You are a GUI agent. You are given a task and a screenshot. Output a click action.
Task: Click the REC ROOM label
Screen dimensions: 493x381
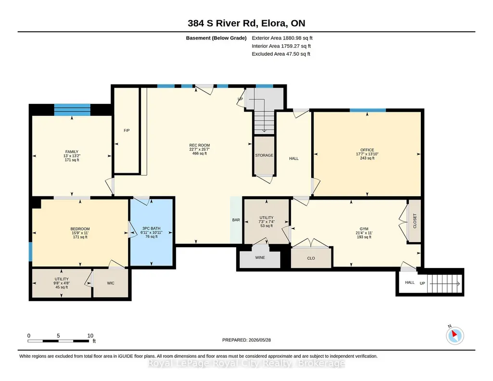point(199,145)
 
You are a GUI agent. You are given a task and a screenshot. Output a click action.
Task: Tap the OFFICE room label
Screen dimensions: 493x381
point(367,150)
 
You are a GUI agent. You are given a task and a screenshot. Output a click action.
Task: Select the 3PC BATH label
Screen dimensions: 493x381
point(151,228)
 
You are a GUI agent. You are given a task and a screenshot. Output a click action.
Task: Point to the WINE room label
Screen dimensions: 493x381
point(260,257)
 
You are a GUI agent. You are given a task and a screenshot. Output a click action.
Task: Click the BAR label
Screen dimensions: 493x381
point(236,220)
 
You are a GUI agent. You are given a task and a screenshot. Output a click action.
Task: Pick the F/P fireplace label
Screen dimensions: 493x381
point(126,130)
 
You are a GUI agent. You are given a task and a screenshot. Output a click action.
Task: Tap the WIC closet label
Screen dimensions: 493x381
point(111,283)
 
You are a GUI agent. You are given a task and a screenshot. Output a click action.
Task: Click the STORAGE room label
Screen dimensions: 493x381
point(264,155)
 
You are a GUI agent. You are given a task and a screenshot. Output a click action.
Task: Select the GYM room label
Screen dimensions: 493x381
point(364,229)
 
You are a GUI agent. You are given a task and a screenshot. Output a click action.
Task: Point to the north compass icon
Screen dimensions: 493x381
point(455,335)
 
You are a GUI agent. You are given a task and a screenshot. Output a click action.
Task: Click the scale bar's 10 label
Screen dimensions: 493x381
point(90,335)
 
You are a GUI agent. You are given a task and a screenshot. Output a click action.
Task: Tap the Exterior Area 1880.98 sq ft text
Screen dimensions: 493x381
point(282,38)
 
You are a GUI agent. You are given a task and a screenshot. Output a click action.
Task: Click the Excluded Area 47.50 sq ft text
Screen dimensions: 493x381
point(281,54)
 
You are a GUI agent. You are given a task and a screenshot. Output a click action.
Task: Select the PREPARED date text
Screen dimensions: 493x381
point(246,340)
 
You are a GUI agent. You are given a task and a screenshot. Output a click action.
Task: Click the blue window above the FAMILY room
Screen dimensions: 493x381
point(72,110)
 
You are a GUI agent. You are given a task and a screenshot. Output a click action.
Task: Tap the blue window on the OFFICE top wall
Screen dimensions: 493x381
point(367,110)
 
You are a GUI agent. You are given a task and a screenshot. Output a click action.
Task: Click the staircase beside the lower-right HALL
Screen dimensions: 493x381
point(444,283)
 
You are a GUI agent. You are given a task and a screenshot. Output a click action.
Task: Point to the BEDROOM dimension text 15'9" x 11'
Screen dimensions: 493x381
point(80,233)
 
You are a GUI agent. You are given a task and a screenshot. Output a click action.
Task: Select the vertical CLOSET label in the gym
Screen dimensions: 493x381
point(415,221)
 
